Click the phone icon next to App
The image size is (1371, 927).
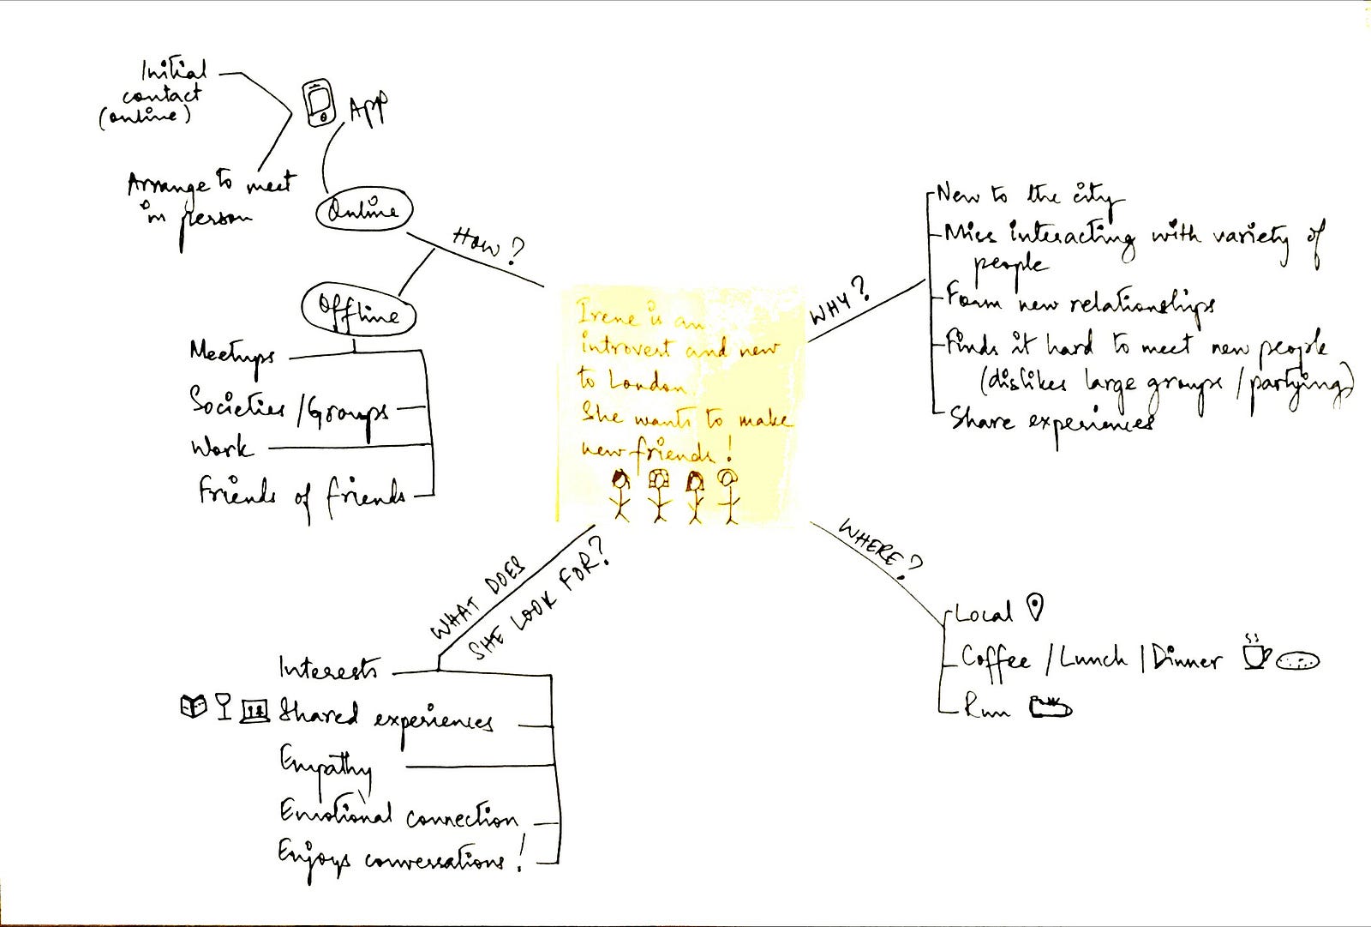[x=319, y=103]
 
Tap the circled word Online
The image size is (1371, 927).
[x=364, y=210]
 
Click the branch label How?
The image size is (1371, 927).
[x=487, y=244]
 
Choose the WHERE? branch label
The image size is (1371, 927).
[x=879, y=550]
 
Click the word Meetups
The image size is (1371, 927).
[x=231, y=354]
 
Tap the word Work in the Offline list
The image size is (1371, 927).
[x=221, y=448]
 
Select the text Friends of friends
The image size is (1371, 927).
[x=302, y=494]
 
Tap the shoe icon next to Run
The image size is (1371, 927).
[x=1051, y=707]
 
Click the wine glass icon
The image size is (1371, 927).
[x=224, y=706]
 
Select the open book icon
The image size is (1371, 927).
[x=194, y=706]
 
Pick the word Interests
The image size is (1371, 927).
[x=328, y=668]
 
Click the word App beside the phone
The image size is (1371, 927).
[x=368, y=109]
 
